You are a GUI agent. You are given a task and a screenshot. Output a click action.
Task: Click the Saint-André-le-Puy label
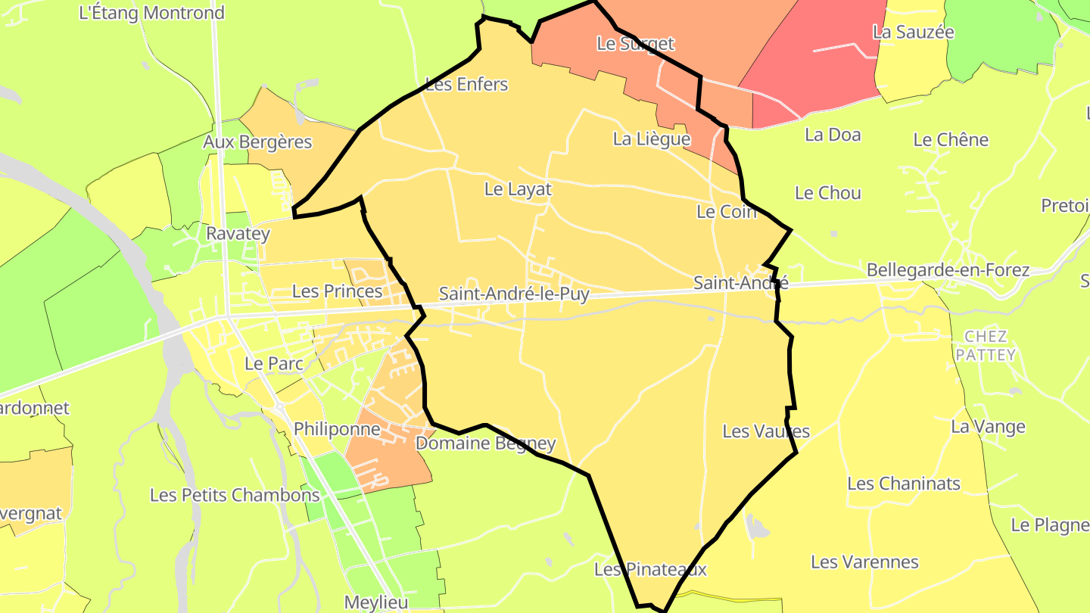(x=514, y=294)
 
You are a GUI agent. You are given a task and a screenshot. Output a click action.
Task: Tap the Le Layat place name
(x=518, y=189)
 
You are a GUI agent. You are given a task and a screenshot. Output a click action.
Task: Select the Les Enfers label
(x=466, y=84)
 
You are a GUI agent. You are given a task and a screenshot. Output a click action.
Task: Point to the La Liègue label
(x=651, y=139)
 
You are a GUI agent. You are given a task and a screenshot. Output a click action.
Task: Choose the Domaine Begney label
(x=486, y=443)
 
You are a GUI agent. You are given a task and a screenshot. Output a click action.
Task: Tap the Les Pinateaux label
(x=650, y=569)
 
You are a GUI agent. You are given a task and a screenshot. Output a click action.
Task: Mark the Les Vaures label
(x=766, y=431)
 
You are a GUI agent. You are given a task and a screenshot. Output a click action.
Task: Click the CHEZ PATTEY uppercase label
(x=986, y=345)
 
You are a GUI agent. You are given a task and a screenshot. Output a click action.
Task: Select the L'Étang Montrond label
(x=151, y=13)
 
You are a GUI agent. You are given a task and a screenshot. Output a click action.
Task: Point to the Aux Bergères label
(x=257, y=142)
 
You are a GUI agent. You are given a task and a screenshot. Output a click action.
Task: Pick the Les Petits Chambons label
(x=235, y=495)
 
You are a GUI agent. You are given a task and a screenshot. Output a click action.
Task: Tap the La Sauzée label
(x=913, y=32)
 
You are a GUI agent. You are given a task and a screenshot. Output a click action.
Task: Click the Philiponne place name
(x=337, y=429)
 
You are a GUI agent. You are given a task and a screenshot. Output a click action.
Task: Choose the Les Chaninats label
(x=904, y=484)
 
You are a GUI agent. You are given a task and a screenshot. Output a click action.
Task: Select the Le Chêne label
(x=951, y=140)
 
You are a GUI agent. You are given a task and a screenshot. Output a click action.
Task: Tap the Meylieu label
(x=376, y=602)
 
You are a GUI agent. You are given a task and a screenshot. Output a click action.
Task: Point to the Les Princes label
(x=337, y=291)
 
